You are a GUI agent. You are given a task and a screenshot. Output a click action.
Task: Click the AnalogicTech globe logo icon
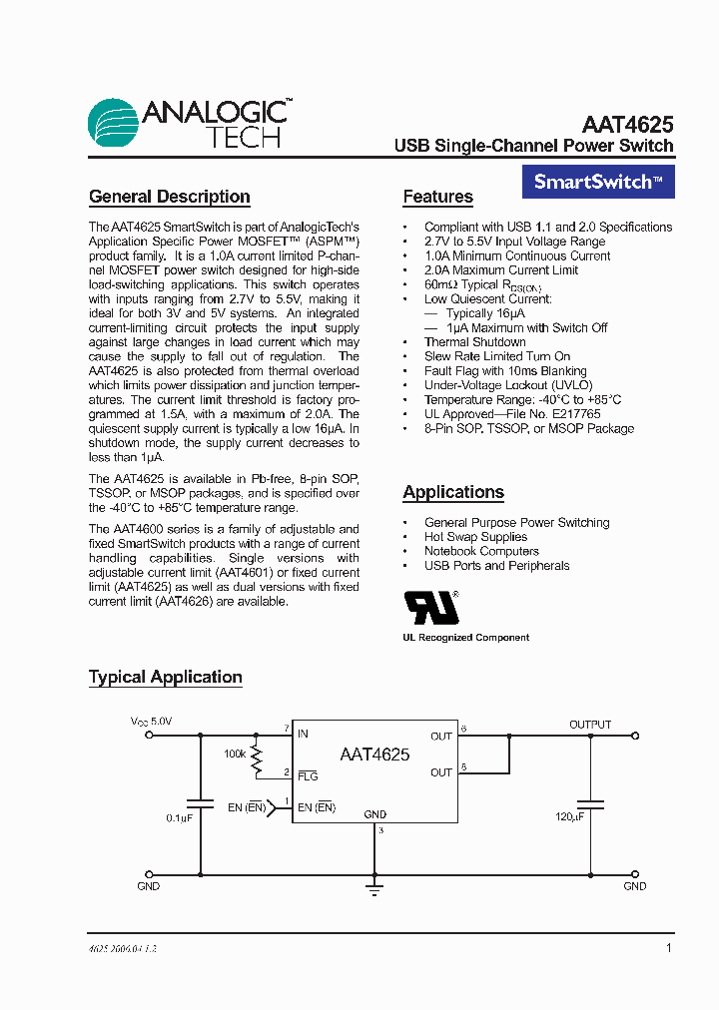pyautogui.click(x=113, y=124)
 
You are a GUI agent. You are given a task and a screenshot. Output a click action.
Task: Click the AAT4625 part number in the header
pyautogui.click(x=627, y=125)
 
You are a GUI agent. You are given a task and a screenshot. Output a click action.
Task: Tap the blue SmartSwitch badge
pyautogui.click(x=598, y=182)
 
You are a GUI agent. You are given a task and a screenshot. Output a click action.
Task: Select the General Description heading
pyautogui.click(x=170, y=197)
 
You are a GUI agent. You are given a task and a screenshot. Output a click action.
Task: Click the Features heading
pyautogui.click(x=437, y=197)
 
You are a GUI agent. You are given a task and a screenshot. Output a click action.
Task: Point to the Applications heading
pyautogui.click(x=453, y=492)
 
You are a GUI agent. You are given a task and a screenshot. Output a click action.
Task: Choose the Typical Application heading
pyautogui.click(x=166, y=677)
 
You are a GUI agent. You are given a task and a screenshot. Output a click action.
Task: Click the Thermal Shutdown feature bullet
pyautogui.click(x=474, y=342)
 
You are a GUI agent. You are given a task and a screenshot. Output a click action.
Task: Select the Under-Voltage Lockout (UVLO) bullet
pyautogui.click(x=508, y=385)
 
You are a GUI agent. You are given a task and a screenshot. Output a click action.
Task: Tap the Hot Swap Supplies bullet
pyautogui.click(x=475, y=537)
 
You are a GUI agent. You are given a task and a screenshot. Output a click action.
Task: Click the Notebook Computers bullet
pyautogui.click(x=481, y=551)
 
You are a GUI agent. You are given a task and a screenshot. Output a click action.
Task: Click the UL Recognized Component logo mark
pyautogui.click(x=430, y=607)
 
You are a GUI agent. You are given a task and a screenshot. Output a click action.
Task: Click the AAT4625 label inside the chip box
pyautogui.click(x=374, y=755)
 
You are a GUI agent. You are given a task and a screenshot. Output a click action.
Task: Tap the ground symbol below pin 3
pyautogui.click(x=374, y=884)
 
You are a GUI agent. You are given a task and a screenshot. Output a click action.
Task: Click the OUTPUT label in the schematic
pyautogui.click(x=590, y=725)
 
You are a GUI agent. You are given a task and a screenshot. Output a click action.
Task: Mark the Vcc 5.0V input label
pyautogui.click(x=151, y=721)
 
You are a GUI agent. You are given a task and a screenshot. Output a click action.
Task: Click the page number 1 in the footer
pyautogui.click(x=668, y=948)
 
